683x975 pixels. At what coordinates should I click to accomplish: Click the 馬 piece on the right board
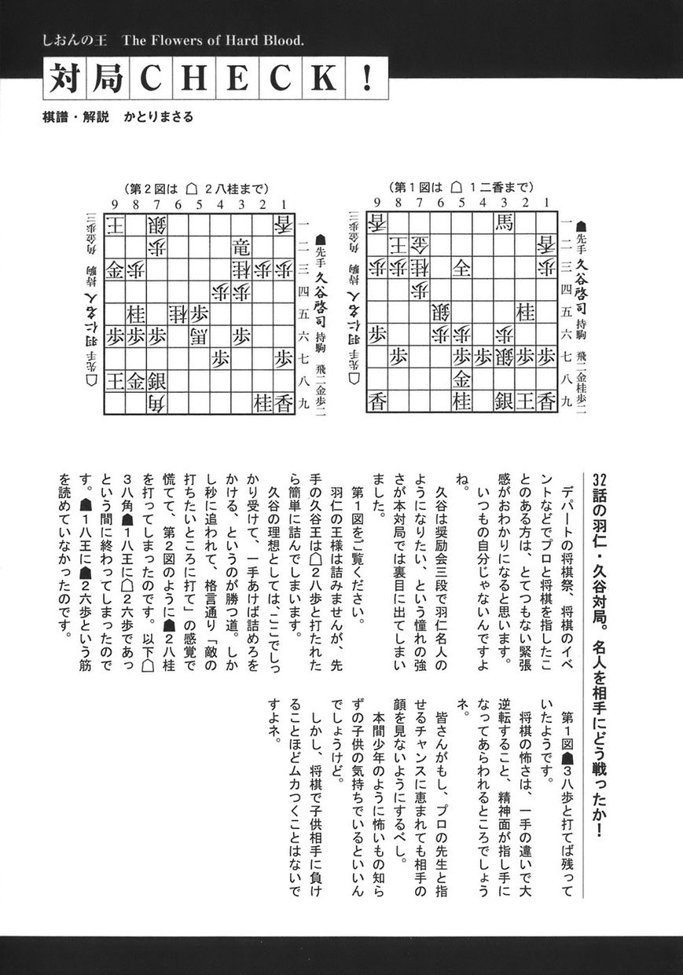point(502,223)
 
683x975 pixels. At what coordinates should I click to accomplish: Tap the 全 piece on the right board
point(461,268)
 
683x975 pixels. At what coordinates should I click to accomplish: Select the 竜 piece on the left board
point(242,247)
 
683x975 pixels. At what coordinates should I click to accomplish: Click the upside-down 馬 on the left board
point(199,336)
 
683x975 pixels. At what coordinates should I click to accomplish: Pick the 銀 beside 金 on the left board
point(156,382)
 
